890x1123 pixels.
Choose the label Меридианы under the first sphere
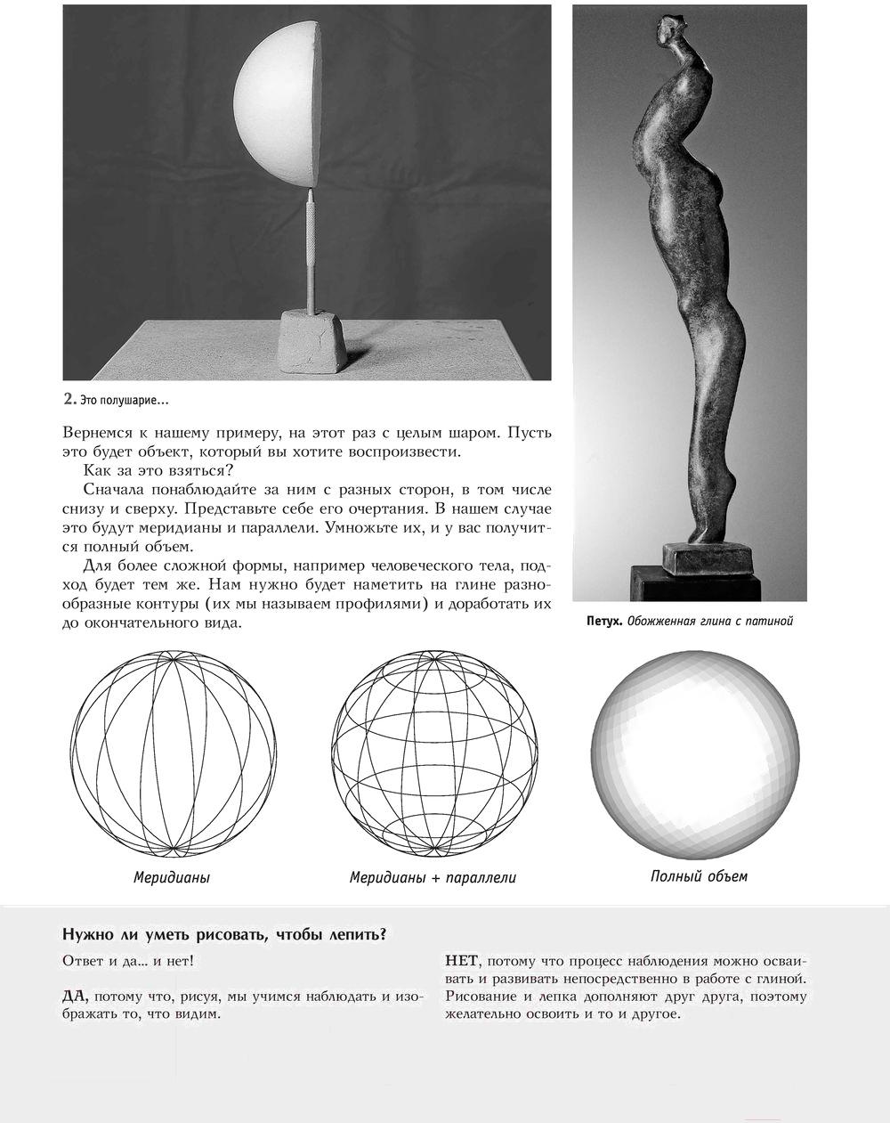(x=172, y=877)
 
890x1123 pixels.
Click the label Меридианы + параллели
(x=433, y=877)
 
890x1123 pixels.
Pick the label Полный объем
(x=699, y=876)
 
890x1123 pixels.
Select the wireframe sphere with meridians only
(x=173, y=753)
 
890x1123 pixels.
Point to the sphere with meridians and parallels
(x=434, y=753)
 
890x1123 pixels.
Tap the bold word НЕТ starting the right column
(x=461, y=961)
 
